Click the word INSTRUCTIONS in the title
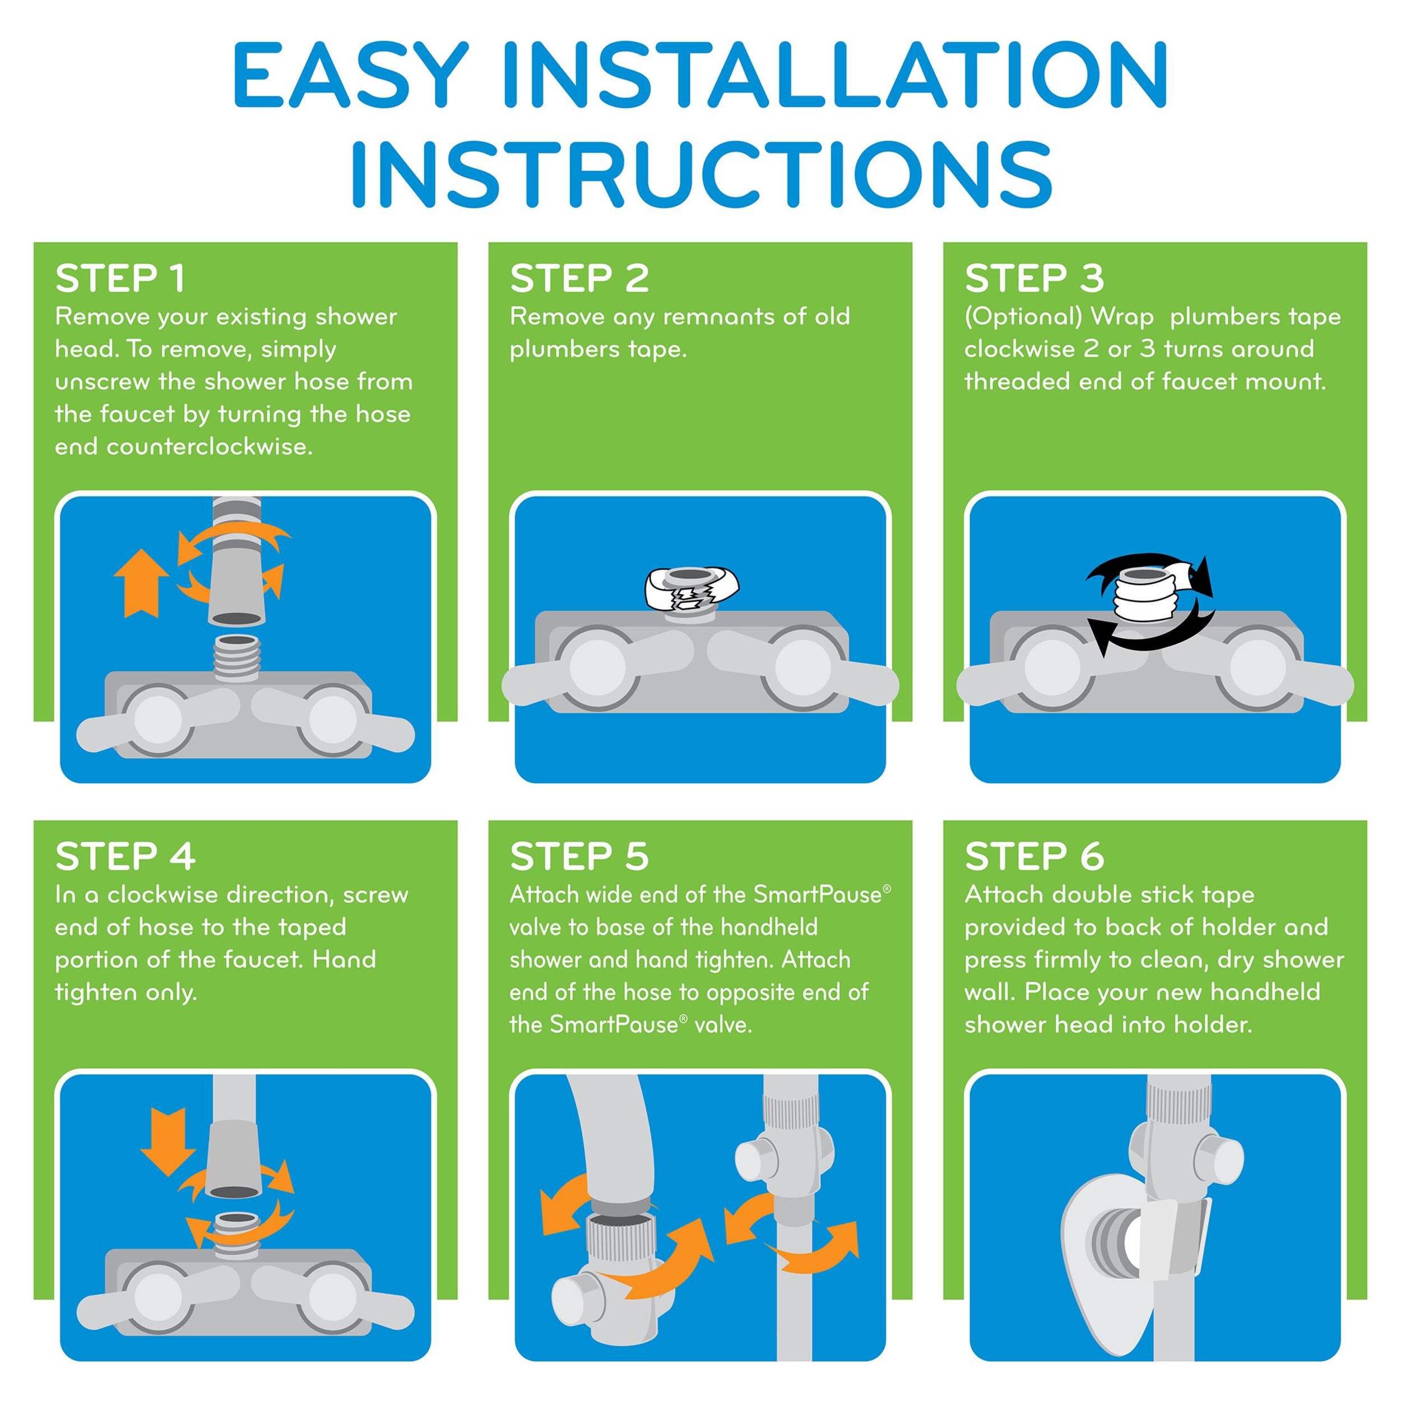coord(700,171)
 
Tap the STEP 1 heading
coord(120,279)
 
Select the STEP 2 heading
coord(579,279)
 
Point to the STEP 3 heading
coord(1034,279)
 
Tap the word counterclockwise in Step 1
coord(209,447)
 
